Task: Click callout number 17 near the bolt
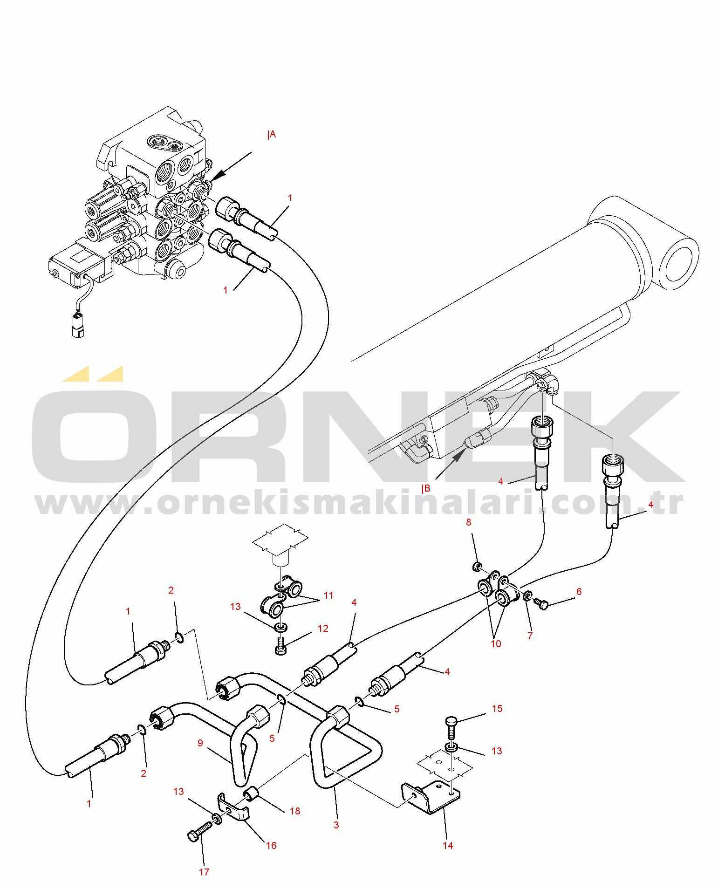(204, 872)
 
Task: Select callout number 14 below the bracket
(448, 845)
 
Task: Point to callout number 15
(497, 709)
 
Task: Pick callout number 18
(295, 811)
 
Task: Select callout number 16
(271, 846)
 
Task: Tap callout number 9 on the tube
(200, 743)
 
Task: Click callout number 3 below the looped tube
(336, 825)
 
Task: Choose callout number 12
(323, 629)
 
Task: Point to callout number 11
(328, 595)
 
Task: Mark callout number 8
(469, 522)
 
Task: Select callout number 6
(579, 592)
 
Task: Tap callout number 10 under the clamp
(496, 644)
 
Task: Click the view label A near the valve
(272, 135)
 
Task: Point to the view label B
(426, 489)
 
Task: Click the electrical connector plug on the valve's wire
(78, 325)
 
